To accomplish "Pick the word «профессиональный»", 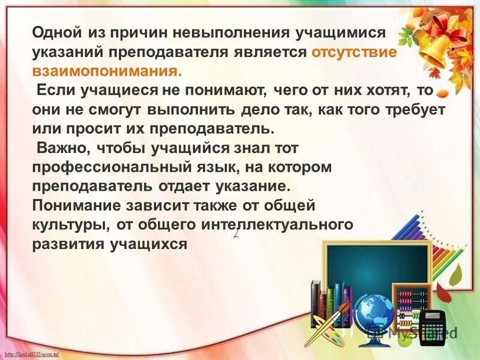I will point(96,167).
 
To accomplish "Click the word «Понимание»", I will point(76,206).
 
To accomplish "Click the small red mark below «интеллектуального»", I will point(237,235).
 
